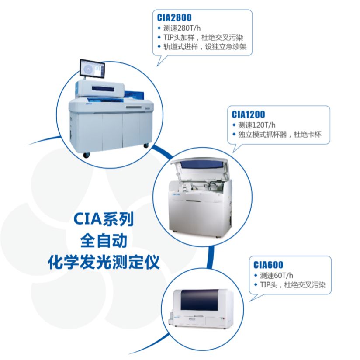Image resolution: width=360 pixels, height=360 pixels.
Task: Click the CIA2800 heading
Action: [174, 17]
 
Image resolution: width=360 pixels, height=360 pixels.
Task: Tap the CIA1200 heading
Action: [249, 114]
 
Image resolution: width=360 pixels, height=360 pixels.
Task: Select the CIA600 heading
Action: [268, 265]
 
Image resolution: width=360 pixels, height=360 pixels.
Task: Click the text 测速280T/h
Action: [182, 28]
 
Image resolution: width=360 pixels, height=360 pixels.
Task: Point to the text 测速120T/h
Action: [257, 125]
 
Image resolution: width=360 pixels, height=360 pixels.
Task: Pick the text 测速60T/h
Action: [277, 275]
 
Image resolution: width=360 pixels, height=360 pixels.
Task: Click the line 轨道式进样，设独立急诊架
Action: [205, 47]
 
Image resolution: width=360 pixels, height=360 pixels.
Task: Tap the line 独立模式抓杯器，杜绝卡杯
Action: [280, 135]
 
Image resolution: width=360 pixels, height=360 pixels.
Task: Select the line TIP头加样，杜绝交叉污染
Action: [203, 38]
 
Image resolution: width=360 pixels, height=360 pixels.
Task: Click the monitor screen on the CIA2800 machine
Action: [92, 69]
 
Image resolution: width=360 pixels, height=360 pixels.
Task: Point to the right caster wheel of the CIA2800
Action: [146, 145]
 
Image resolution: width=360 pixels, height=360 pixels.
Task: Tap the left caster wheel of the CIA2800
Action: [87, 155]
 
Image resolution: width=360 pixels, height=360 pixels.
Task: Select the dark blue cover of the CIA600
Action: [199, 300]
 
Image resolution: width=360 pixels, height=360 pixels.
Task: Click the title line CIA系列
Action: [104, 219]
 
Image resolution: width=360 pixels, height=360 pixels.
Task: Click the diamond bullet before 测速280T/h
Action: [159, 28]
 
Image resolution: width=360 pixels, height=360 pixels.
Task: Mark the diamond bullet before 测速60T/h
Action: [256, 275]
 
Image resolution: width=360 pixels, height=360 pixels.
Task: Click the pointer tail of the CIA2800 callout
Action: [161, 61]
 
